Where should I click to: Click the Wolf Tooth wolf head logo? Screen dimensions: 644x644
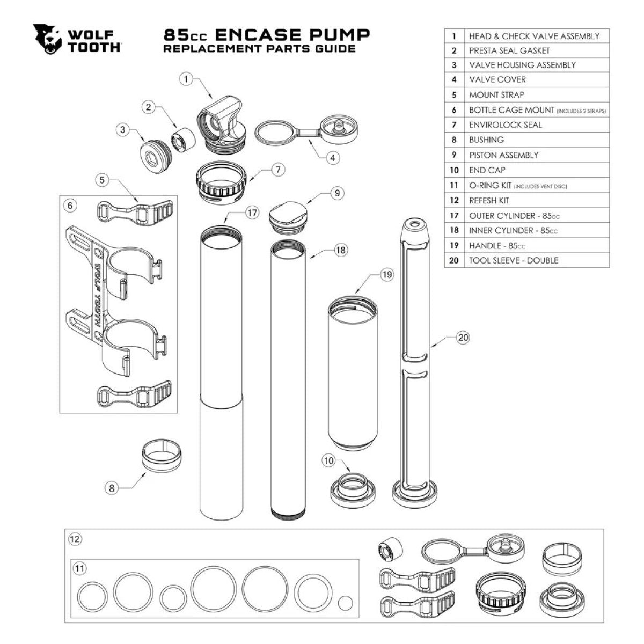(x=48, y=39)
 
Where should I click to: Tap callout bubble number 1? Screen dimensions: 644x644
(x=186, y=79)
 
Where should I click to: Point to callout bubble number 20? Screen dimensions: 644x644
(x=463, y=338)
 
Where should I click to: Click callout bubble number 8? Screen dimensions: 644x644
(x=112, y=488)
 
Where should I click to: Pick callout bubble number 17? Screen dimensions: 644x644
(x=253, y=213)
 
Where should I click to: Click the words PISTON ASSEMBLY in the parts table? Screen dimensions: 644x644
(x=503, y=155)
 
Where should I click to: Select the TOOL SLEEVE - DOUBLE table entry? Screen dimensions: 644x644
(x=513, y=260)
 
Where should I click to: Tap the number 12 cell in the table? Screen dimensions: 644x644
(x=454, y=200)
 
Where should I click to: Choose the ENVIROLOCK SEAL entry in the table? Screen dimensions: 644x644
(x=505, y=125)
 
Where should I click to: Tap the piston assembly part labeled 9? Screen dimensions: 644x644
(x=287, y=216)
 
